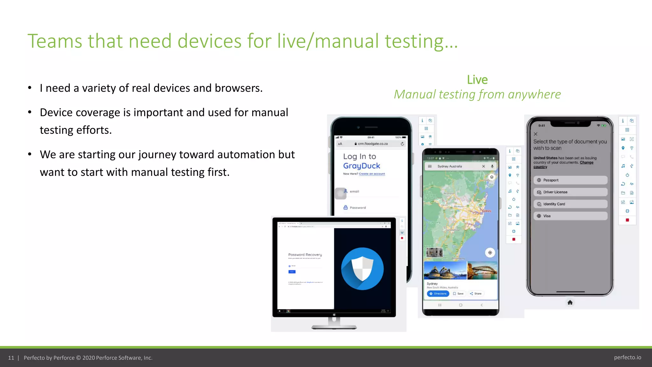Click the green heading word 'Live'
[x=477, y=80]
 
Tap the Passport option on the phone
[x=570, y=180]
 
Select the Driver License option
[x=570, y=192]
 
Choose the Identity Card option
[x=570, y=204]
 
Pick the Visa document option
[x=570, y=216]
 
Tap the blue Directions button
[x=438, y=294]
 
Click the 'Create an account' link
[x=372, y=174]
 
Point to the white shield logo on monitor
[x=362, y=269]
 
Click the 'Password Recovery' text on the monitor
[x=305, y=255]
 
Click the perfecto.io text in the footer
[x=627, y=357]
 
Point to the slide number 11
[x=11, y=358]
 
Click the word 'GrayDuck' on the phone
[x=362, y=166]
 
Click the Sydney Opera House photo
[x=445, y=270]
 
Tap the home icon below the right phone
[x=570, y=302]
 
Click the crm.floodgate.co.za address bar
[x=372, y=144]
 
